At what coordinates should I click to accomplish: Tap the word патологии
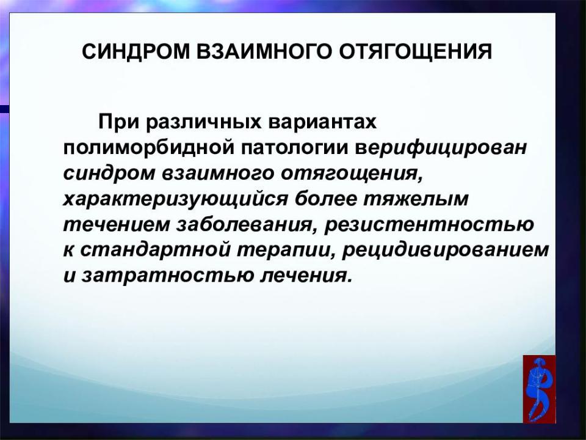(294, 148)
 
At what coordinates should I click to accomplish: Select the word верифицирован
(441, 148)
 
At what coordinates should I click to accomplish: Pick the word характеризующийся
(176, 199)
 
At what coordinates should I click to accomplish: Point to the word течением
(116, 225)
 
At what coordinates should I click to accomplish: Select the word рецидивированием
(446, 251)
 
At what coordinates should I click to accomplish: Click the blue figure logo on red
(539, 389)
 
